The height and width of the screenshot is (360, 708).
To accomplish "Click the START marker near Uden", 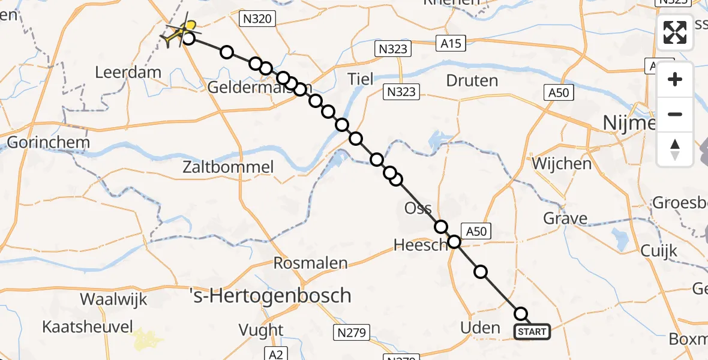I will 532,332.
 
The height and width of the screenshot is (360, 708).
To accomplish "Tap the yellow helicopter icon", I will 178,32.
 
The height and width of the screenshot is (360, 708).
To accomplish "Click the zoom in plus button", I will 675,80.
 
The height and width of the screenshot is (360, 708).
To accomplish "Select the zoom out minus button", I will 675,114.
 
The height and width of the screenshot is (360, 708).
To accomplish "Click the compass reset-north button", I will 675,149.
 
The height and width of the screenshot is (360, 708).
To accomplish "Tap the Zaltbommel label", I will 230,167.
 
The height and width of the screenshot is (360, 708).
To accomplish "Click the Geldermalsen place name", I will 245,88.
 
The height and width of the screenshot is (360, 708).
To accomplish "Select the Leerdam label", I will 128,73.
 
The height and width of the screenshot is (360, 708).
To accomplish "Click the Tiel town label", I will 360,79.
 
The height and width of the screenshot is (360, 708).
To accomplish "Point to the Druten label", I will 472,80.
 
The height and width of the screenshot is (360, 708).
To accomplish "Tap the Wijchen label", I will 562,163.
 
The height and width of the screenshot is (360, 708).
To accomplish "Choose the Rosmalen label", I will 310,263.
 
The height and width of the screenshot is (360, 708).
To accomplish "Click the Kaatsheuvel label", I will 79,327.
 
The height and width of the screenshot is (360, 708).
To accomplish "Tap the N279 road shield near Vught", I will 352,332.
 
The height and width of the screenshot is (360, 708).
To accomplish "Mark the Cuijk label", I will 658,251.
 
